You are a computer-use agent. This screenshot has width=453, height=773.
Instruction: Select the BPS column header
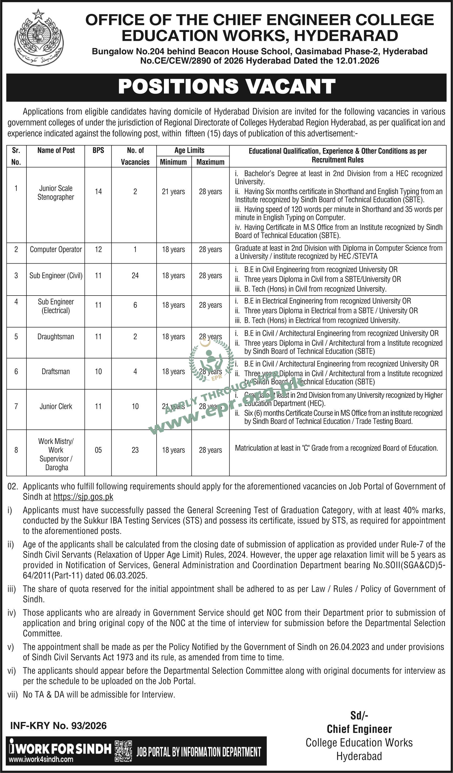point(98,150)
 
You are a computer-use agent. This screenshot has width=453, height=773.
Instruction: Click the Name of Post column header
point(56,150)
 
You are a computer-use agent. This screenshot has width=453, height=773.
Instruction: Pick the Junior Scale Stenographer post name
point(56,193)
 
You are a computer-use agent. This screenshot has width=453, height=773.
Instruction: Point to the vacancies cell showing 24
point(135,276)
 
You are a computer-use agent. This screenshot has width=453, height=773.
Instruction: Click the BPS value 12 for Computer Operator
point(98,249)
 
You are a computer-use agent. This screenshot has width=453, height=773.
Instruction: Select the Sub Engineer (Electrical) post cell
point(56,306)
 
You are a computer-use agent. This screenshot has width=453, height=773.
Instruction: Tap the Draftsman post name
point(56,372)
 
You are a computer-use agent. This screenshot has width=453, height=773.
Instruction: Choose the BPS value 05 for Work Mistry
point(98,450)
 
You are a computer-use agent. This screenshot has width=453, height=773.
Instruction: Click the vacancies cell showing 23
point(135,450)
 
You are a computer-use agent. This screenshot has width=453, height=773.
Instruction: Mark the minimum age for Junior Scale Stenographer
point(173,192)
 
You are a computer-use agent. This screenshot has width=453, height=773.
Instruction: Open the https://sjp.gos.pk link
point(83,497)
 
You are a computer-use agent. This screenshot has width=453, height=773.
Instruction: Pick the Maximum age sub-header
point(210,162)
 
